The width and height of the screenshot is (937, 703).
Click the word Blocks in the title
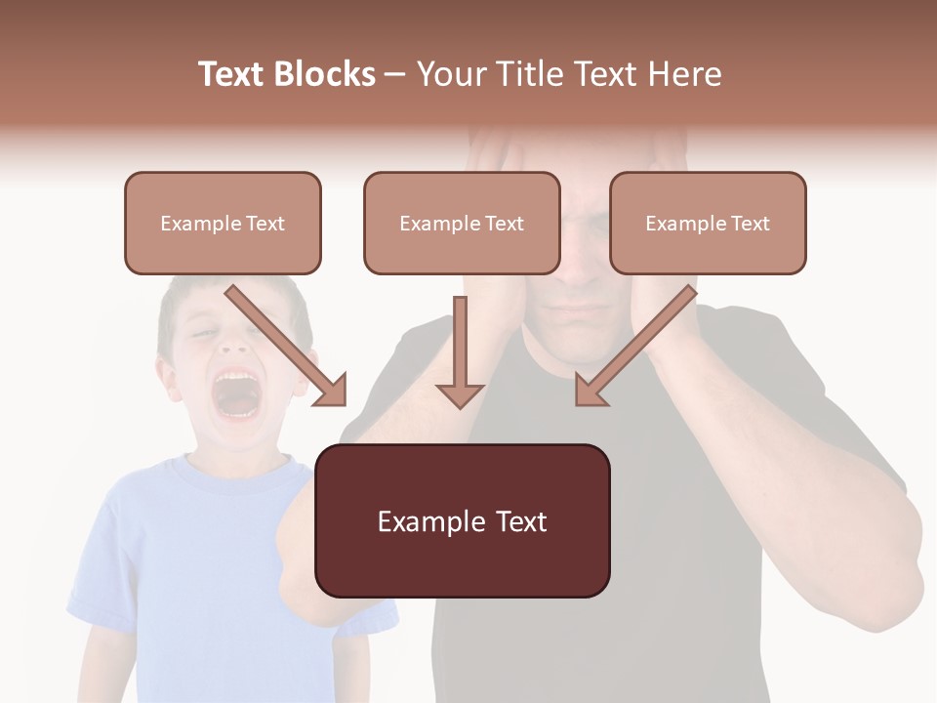tap(327, 74)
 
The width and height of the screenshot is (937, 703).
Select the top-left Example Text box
tap(223, 223)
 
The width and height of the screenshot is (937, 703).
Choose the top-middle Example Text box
tap(462, 223)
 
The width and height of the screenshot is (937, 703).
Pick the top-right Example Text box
tap(708, 223)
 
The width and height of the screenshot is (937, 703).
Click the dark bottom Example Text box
tap(462, 520)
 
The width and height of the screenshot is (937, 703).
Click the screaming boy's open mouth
tap(234, 391)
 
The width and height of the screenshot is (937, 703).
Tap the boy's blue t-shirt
tap(195, 547)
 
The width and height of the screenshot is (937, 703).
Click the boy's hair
tap(195, 293)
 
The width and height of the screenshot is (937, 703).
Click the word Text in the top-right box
tap(750, 223)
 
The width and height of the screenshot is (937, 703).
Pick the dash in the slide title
tap(395, 74)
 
